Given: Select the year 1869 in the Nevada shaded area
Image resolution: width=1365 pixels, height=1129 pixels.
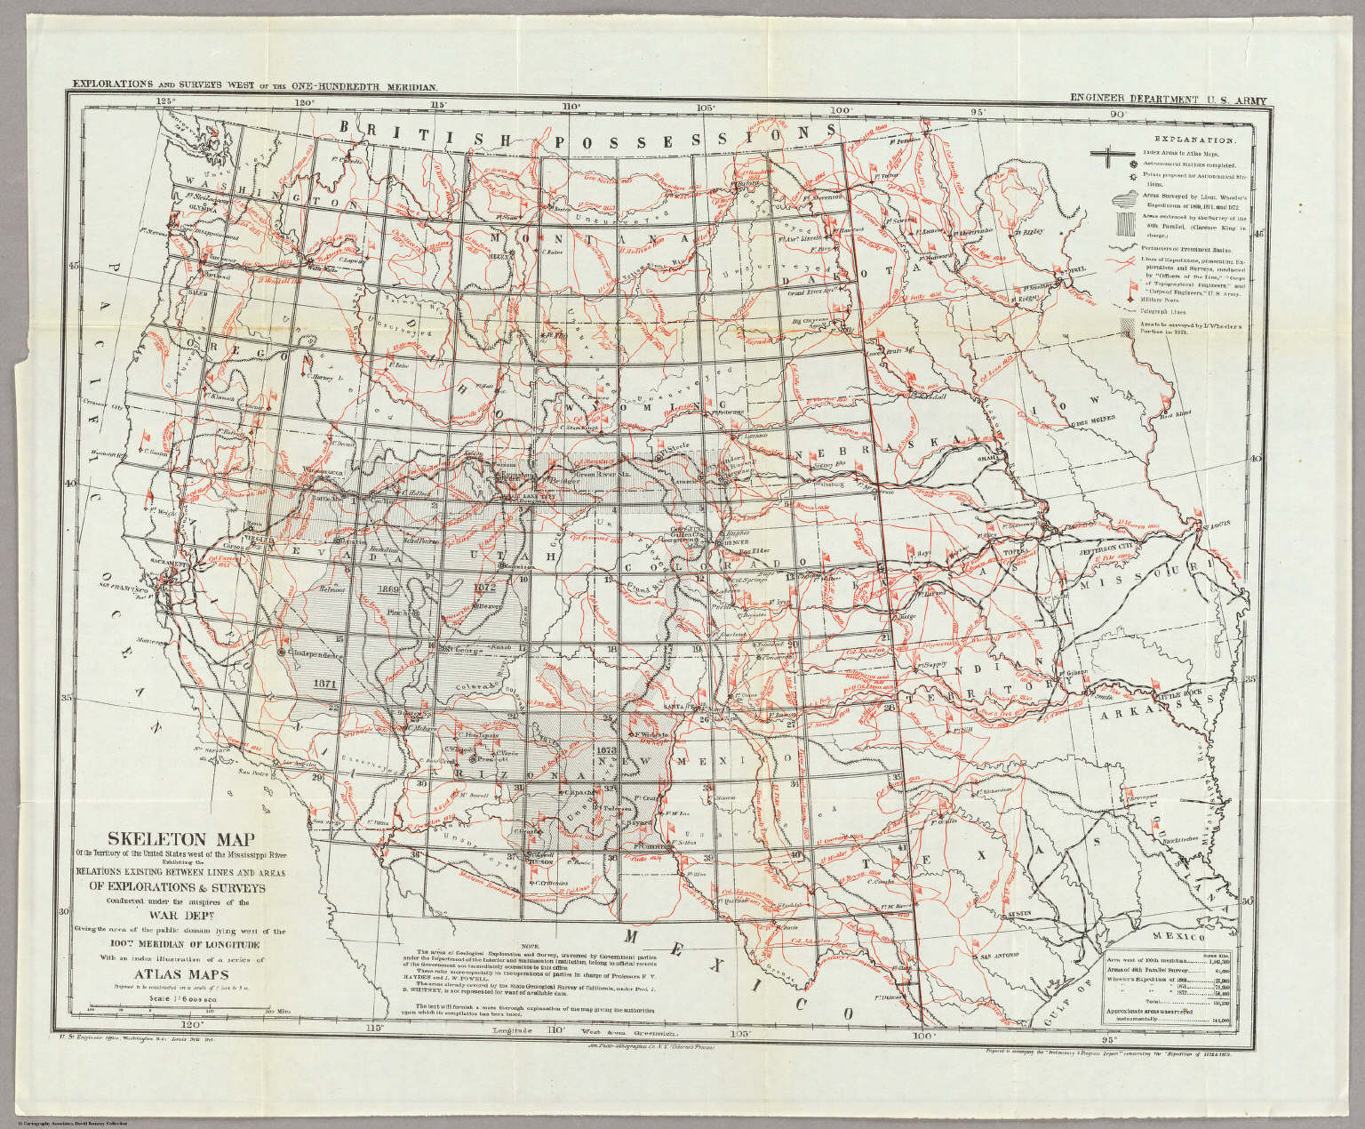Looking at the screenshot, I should point(387,589).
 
